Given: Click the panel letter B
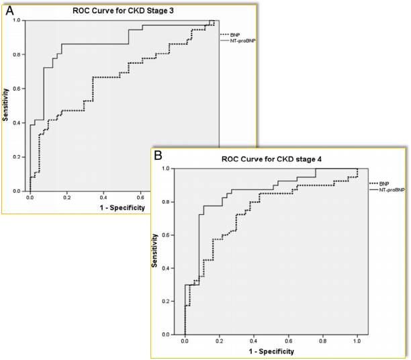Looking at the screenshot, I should coord(158,155).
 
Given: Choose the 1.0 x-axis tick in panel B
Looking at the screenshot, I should coord(357,342).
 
